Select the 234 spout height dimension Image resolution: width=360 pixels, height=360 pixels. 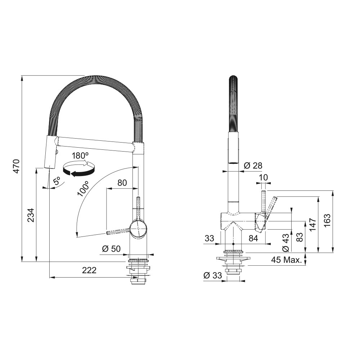pyautogui.click(x=31, y=215)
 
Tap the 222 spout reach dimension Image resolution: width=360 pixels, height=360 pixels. pyautogui.click(x=89, y=270)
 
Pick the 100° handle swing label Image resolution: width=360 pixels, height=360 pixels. pyautogui.click(x=83, y=189)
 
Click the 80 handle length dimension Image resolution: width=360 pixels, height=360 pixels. pyautogui.click(x=122, y=183)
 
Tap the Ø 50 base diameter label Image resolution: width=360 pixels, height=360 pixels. pyautogui.click(x=111, y=249)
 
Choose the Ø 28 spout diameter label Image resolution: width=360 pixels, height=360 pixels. pyautogui.click(x=253, y=166)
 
